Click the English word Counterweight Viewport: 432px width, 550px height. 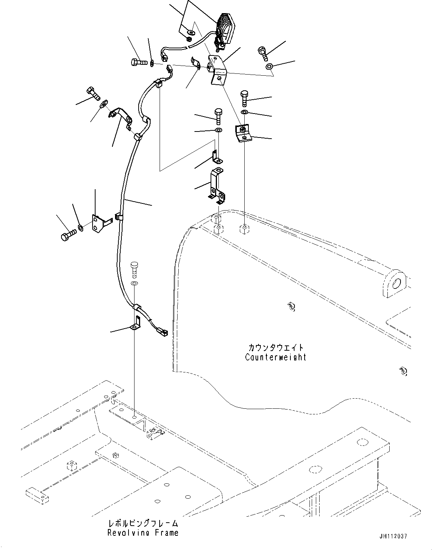click(275, 357)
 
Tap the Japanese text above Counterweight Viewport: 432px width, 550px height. click(275, 348)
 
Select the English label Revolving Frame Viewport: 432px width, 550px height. click(143, 532)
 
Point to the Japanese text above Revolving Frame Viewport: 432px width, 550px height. click(143, 523)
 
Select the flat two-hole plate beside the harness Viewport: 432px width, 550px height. click(98, 224)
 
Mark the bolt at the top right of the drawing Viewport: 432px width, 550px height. click(264, 53)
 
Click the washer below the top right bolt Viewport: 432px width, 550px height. click(269, 67)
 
